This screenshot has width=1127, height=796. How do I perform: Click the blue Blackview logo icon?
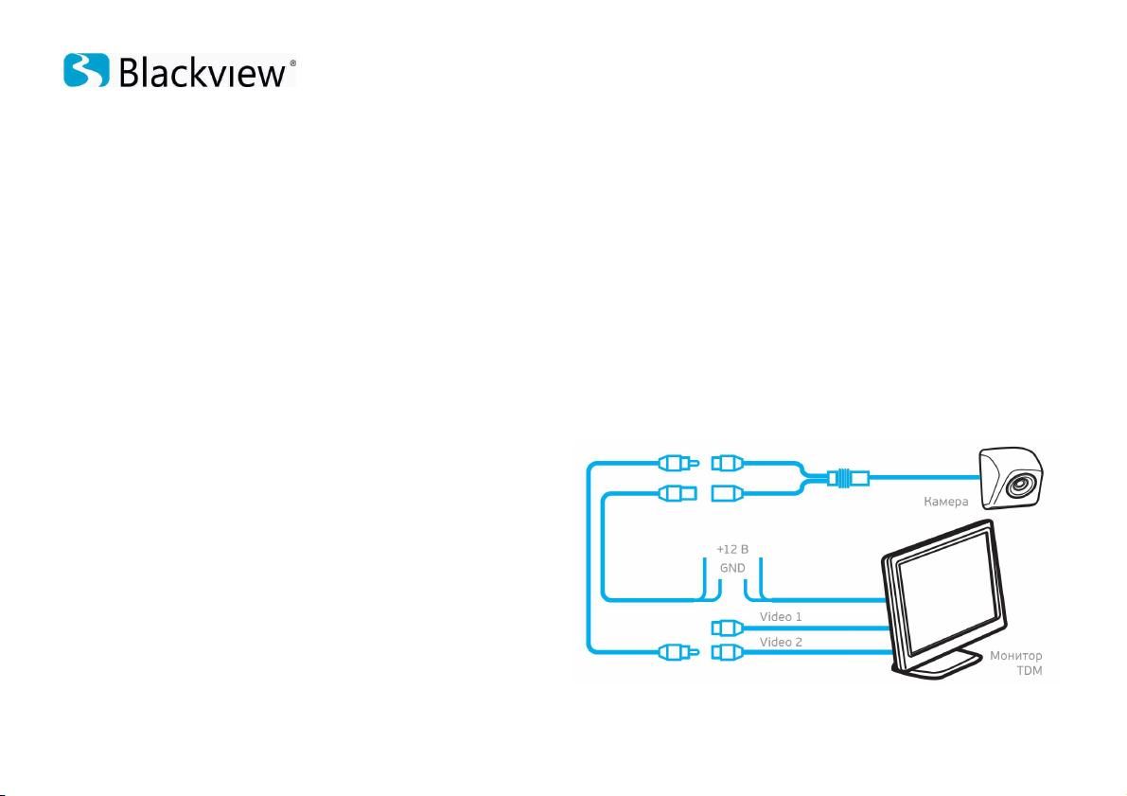point(86,70)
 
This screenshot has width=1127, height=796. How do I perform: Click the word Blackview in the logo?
point(203,73)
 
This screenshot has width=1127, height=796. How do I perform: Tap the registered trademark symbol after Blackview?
point(291,62)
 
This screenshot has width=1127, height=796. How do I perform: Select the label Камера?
point(946,502)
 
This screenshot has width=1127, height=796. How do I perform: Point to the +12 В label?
point(732,549)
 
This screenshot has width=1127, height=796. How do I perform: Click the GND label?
point(732,568)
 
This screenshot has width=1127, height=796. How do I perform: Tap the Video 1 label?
point(781,617)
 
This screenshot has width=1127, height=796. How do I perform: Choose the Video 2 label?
point(781,642)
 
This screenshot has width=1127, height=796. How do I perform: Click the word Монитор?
point(1015,656)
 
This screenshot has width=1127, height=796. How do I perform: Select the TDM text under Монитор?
point(1030,671)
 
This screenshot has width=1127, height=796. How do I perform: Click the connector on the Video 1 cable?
point(728,628)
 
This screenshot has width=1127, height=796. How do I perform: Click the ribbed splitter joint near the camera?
point(848,477)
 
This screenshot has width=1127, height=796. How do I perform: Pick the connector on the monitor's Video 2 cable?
point(728,652)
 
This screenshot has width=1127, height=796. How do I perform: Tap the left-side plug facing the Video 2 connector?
point(678,652)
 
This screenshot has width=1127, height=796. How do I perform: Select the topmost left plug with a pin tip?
point(678,463)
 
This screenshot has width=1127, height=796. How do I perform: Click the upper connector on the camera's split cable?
point(728,463)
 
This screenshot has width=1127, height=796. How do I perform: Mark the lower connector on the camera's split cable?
point(728,493)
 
